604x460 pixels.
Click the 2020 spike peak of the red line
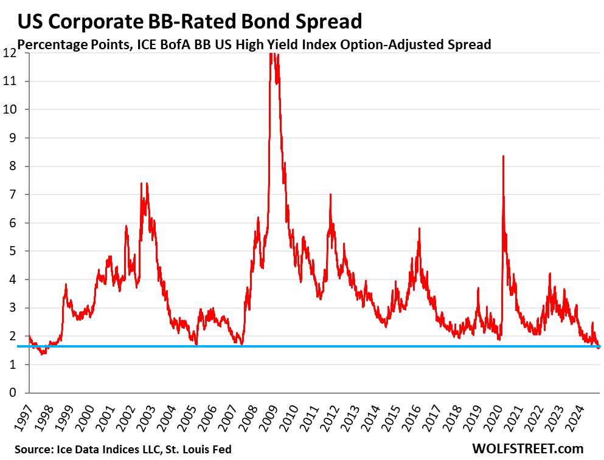(503, 156)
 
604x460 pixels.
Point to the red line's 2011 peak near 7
(330, 194)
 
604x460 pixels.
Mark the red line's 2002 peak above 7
(141, 183)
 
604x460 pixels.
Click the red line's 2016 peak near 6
(419, 228)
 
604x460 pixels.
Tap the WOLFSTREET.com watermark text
(527, 449)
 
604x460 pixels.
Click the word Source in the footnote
(29, 450)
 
